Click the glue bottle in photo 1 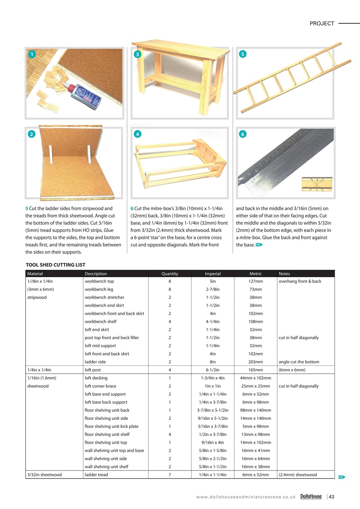[x=85, y=95]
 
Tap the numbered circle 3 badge [x=137, y=54]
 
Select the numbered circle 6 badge [x=243, y=134]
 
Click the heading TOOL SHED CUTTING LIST [x=55, y=265]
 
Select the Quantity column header [x=170, y=274]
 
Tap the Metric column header [x=255, y=274]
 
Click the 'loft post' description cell [x=93, y=370]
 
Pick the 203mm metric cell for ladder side [x=255, y=362]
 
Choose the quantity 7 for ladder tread [x=170, y=474]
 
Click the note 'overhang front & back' [x=300, y=281]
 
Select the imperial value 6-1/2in [x=212, y=370]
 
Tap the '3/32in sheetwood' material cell [x=44, y=474]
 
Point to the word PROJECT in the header [x=322, y=23]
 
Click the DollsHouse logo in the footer [x=311, y=496]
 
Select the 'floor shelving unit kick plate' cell [x=111, y=426]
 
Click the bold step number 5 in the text [x=27, y=208]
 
